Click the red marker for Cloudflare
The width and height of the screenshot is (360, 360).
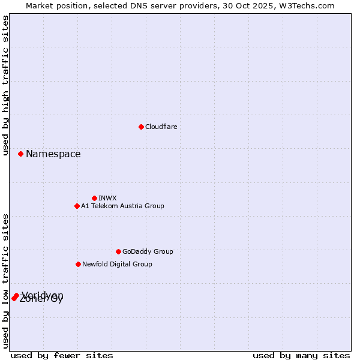pyautogui.click(x=141, y=127)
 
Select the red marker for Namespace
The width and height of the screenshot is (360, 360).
pyautogui.click(x=20, y=154)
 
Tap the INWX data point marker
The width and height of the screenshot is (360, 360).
pyautogui.click(x=94, y=198)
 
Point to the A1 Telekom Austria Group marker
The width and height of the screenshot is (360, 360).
pyautogui.click(x=77, y=206)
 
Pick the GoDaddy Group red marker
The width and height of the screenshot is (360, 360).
pyautogui.click(x=118, y=251)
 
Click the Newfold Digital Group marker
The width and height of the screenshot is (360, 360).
pyautogui.click(x=78, y=264)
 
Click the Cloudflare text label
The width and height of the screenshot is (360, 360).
pyautogui.click(x=161, y=127)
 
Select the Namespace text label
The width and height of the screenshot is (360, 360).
pyautogui.click(x=53, y=154)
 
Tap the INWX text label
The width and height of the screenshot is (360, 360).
pyautogui.click(x=107, y=198)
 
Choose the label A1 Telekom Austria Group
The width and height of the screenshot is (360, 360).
pyautogui.click(x=122, y=206)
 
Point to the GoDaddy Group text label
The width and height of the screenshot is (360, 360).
pyautogui.click(x=148, y=251)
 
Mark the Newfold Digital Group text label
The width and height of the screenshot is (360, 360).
pyautogui.click(x=117, y=264)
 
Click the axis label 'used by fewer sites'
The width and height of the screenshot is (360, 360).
pyautogui.click(x=62, y=355)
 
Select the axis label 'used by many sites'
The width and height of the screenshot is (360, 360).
pyautogui.click(x=301, y=355)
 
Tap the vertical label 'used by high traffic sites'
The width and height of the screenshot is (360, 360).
pyautogui.click(x=6, y=85)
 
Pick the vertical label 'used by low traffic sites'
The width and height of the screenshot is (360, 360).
pyautogui.click(x=6, y=280)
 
